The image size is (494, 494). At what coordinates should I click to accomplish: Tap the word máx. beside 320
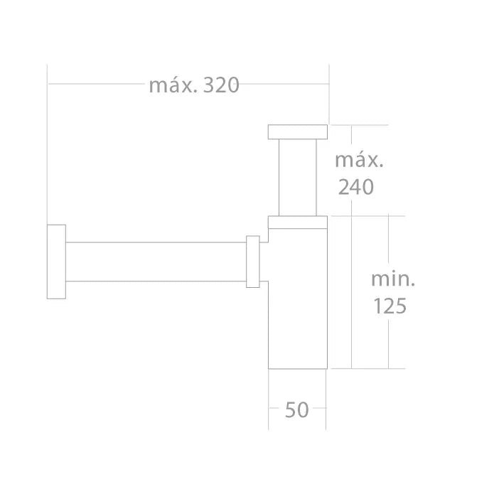point(173,85)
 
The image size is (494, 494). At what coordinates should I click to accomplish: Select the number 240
point(355,187)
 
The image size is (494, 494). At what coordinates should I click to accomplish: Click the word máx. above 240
point(359,160)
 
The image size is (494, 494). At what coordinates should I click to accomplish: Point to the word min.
point(392,279)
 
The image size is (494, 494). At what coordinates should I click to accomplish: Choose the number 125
point(390,306)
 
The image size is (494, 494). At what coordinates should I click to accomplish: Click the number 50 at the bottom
point(296,410)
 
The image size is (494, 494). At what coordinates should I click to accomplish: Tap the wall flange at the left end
point(56,262)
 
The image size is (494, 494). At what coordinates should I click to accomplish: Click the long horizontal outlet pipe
point(156,262)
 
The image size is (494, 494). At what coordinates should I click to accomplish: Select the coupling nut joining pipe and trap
point(252,262)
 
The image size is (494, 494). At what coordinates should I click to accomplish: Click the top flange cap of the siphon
point(297,131)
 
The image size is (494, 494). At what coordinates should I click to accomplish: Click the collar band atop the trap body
point(297,221)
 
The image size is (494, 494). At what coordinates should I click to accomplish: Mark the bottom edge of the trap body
point(297,368)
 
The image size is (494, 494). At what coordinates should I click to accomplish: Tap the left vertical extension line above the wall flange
point(48,142)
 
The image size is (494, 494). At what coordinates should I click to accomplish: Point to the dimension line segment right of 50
point(319,409)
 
